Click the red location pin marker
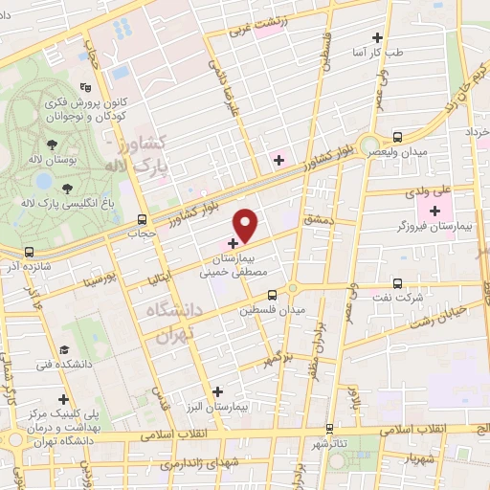click(x=246, y=225)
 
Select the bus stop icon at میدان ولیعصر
click(x=396, y=137)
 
